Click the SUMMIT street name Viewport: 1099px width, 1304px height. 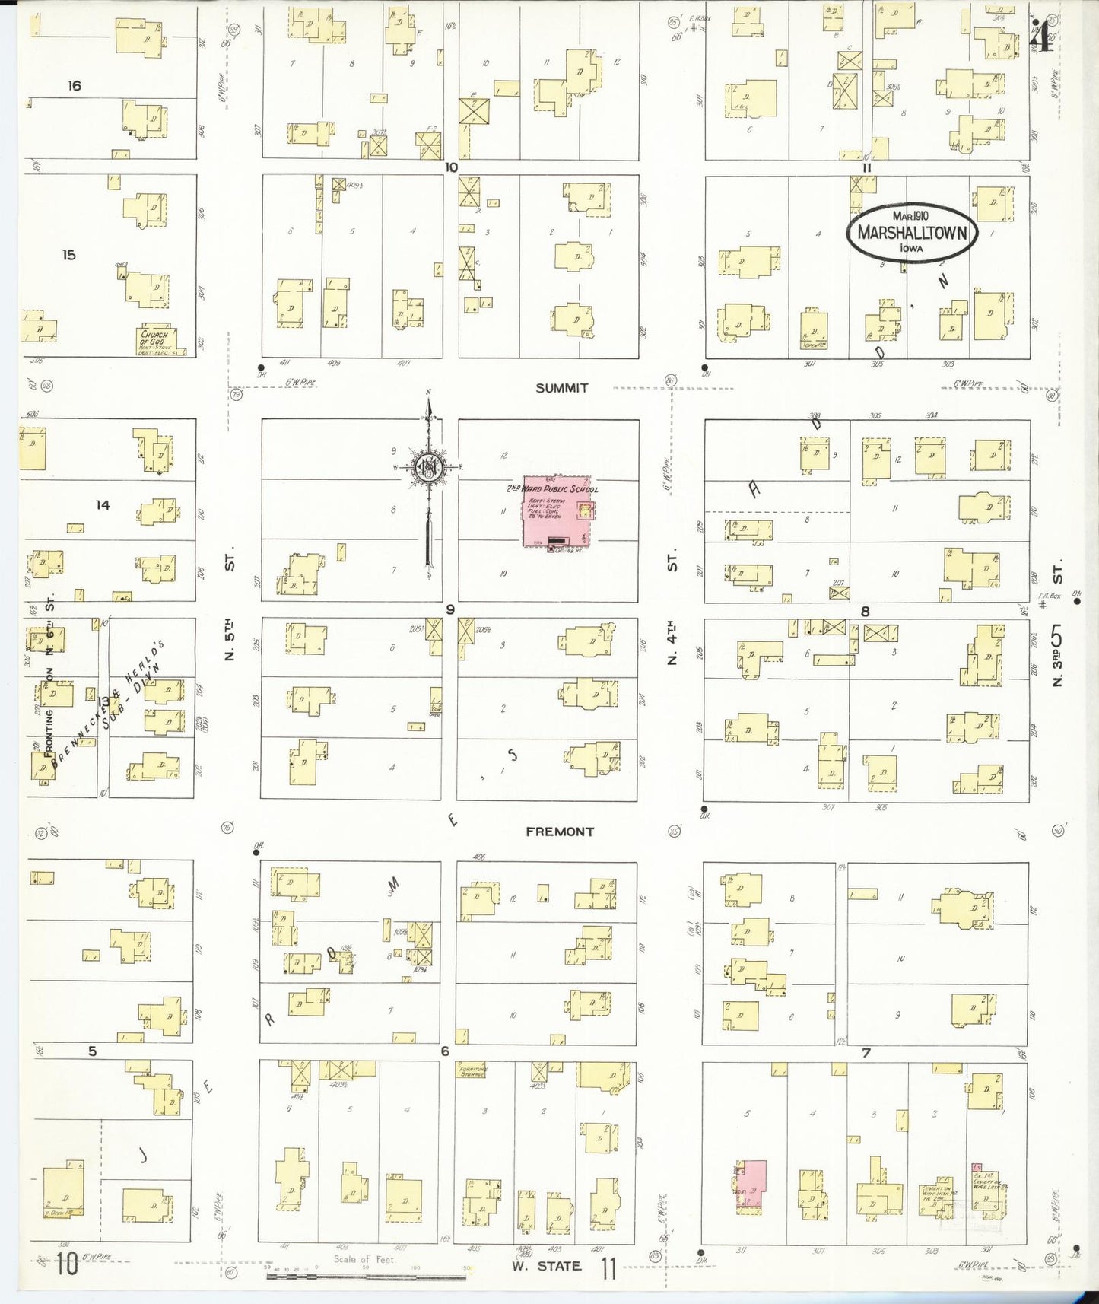tap(561, 388)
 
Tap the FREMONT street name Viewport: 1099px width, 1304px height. tap(560, 832)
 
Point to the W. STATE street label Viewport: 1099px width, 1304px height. tap(546, 1266)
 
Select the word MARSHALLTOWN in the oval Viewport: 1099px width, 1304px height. tap(912, 233)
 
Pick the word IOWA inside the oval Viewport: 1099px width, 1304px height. tap(912, 249)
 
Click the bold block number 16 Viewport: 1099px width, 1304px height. tap(74, 86)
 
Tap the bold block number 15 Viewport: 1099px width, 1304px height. tap(69, 255)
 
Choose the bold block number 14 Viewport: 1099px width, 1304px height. tap(103, 504)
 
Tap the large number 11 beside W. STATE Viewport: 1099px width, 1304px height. tap(608, 1267)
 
